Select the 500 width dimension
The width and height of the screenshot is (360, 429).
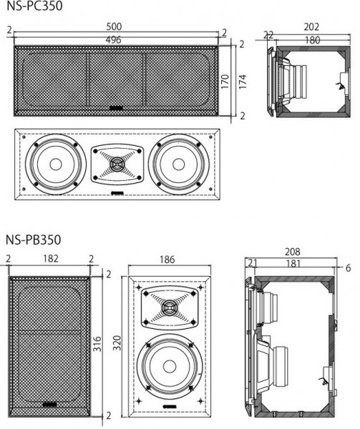click(115, 28)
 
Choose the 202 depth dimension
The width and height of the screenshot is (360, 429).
click(311, 27)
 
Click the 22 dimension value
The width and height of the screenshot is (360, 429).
click(268, 35)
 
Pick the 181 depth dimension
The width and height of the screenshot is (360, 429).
click(293, 263)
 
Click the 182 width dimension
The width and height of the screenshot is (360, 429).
click(49, 258)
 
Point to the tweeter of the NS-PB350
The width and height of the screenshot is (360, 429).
click(170, 308)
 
